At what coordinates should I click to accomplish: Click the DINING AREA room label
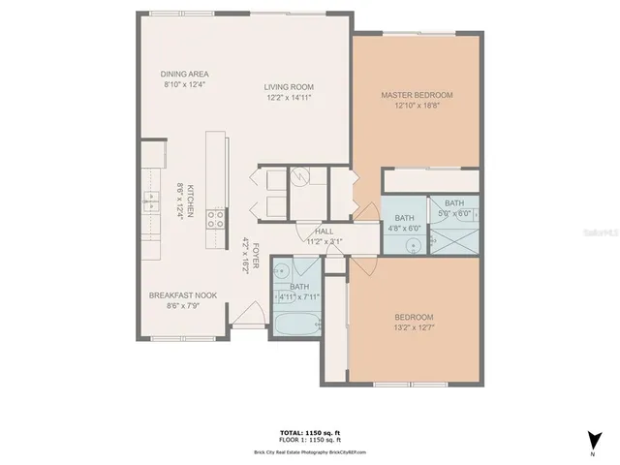[x=185, y=74]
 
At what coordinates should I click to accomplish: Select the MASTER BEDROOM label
[x=417, y=95]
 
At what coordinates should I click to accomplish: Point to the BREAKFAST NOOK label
[x=182, y=295]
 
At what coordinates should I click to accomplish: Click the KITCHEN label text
[x=192, y=201]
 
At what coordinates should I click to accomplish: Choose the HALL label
[x=325, y=232]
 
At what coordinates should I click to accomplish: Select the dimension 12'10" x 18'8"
[x=417, y=107]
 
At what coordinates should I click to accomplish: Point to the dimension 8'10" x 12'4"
[x=185, y=85]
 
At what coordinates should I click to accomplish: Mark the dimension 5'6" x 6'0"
[x=454, y=213]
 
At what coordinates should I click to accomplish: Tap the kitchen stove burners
[x=219, y=218]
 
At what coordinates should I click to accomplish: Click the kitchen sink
[x=152, y=201]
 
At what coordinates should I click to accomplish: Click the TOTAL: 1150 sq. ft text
[x=310, y=432]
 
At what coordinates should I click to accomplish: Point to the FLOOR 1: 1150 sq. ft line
[x=310, y=440]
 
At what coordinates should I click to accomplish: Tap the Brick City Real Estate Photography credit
[x=310, y=452]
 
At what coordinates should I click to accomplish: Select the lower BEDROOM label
[x=414, y=318]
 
